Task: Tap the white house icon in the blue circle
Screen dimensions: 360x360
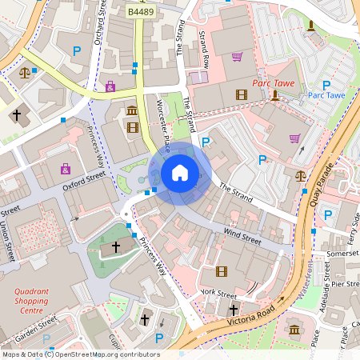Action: tap(180, 172)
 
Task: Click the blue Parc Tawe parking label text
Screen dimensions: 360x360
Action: tap(326, 96)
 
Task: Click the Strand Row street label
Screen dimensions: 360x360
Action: tap(206, 49)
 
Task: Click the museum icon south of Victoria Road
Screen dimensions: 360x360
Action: tap(294, 330)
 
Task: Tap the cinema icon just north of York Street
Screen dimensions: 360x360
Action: tap(222, 272)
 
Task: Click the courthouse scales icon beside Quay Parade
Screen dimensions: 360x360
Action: tap(300, 175)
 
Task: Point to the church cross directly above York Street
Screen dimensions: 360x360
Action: tap(234, 309)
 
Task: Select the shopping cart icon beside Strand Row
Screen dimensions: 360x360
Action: tap(237, 57)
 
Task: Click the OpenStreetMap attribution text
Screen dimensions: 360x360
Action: tap(80, 354)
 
